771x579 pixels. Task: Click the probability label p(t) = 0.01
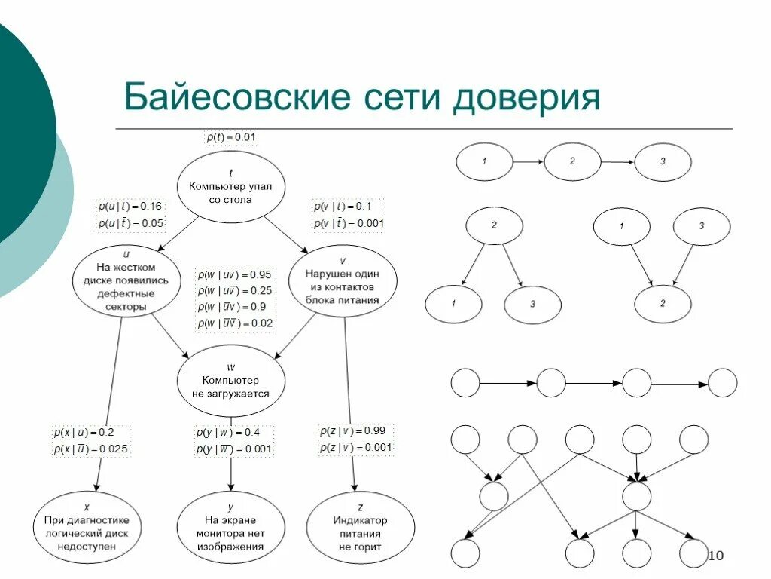coord(232,137)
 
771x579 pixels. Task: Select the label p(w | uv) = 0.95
coord(235,274)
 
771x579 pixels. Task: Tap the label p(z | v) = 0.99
coord(355,430)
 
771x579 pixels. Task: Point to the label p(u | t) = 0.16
coord(130,206)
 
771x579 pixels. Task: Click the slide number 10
coord(715,556)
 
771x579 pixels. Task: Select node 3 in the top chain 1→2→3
coord(663,162)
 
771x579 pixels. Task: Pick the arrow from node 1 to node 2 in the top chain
coord(528,161)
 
